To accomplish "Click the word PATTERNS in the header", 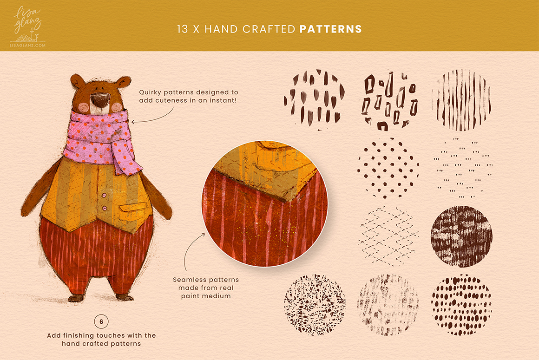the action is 331,29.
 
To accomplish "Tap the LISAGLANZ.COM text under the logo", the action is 27,45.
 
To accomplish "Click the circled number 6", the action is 101,322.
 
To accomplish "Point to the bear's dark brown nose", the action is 100,100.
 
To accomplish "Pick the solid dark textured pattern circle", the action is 461,236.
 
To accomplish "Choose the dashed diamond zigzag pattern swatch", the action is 388,236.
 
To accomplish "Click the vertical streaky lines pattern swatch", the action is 461,100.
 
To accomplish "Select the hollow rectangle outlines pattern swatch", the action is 389,100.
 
